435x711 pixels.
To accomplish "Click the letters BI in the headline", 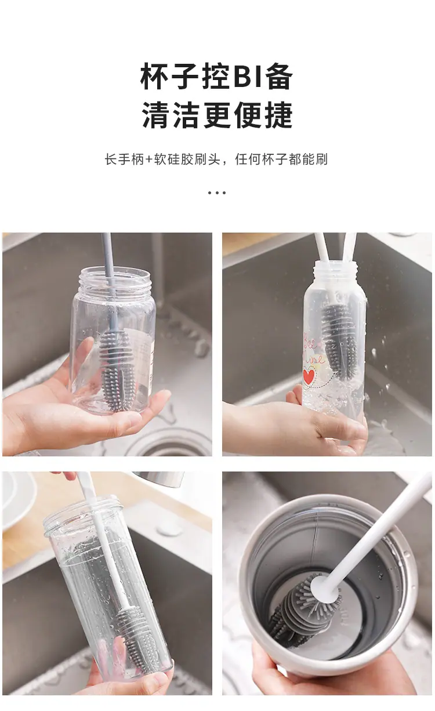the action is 248,77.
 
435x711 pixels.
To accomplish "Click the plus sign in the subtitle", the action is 149,159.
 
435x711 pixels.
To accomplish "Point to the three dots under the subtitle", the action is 217,193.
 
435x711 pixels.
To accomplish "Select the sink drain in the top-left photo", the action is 172,444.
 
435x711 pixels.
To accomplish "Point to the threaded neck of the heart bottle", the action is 336,270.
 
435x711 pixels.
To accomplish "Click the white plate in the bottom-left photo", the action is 17,501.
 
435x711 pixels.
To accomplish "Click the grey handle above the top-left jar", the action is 107,255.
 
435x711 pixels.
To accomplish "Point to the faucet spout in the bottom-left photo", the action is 158,479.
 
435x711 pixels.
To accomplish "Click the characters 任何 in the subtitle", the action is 248,159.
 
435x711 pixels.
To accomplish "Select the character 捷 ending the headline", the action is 279,115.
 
